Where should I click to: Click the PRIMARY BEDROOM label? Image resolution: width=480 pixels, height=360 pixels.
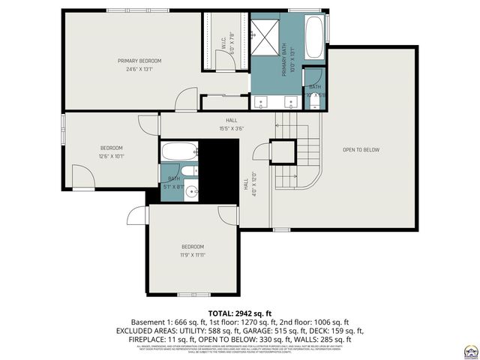pos(139,61)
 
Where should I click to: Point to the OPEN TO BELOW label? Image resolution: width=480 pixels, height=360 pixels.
pos(361,150)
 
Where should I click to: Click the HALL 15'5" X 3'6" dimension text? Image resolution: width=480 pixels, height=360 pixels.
pos(232,128)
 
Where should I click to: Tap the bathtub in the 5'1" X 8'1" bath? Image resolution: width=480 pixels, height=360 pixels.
pos(179,151)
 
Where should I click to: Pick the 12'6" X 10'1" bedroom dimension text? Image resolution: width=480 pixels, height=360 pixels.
pos(112,157)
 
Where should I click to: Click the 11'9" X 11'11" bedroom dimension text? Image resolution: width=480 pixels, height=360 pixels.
pos(192,255)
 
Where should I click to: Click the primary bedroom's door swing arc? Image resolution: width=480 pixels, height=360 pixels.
pos(185,99)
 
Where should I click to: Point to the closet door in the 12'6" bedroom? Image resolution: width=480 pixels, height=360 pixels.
pos(84,176)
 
